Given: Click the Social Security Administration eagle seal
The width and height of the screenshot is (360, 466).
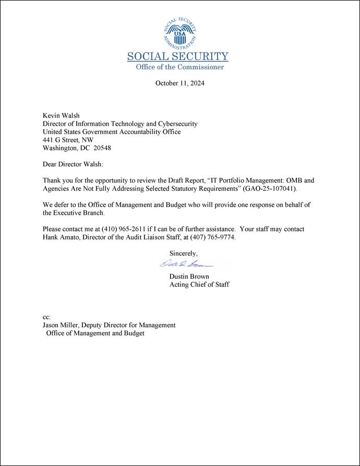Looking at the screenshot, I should [x=179, y=33].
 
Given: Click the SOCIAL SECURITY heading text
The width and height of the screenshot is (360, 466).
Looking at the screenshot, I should [x=178, y=57].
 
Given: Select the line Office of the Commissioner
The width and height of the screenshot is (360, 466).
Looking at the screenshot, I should [x=179, y=67].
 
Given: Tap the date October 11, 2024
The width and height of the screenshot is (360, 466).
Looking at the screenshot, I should [x=179, y=83].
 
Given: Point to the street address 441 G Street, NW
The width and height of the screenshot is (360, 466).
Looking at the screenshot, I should [x=68, y=140].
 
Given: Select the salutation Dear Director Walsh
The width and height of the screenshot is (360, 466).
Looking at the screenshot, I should [x=73, y=164].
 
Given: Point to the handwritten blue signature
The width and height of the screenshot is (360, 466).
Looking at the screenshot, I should [x=183, y=264].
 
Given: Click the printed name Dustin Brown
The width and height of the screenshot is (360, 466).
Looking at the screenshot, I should [x=189, y=276].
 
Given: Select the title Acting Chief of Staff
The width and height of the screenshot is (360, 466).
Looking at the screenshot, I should [x=199, y=285].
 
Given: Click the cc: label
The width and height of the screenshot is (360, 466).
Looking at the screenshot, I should [x=46, y=317].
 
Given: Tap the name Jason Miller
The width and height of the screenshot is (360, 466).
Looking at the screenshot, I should [x=61, y=325].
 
